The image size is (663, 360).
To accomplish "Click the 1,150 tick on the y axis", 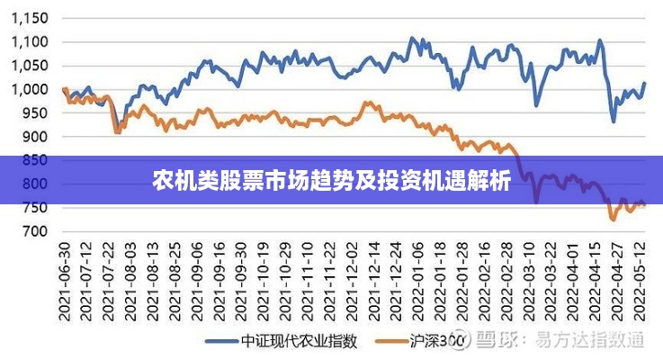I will (x=30, y=18).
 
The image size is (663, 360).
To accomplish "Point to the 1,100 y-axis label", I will (x=30, y=41).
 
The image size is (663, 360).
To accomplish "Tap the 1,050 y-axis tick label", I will (x=30, y=66).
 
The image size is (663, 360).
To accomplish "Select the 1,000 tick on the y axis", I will (x=30, y=89).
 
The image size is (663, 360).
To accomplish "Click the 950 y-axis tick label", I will (x=35, y=113).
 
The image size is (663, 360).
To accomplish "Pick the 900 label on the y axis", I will (x=35, y=137).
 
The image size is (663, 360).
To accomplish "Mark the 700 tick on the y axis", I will (x=35, y=231).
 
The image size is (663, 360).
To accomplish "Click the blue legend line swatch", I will (x=221, y=341).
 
